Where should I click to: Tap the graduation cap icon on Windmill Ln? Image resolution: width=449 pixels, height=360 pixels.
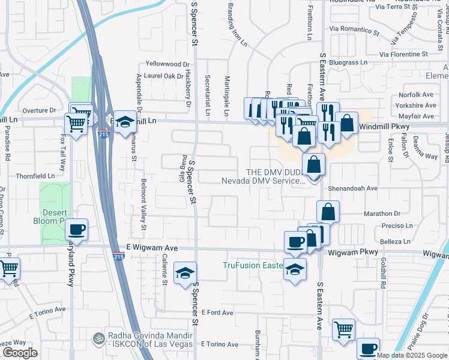coord(124,122)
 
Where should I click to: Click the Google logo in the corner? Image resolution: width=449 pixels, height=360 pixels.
coord(20,353)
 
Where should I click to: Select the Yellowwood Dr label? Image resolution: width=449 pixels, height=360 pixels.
coord(167,64)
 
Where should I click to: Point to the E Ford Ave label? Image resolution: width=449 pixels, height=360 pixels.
coord(217,313)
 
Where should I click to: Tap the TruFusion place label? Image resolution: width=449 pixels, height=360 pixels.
coord(252,265)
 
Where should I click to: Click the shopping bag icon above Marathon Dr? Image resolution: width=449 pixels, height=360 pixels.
coord(328,212)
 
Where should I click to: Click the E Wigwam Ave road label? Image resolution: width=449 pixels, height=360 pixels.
coord(152,247)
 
